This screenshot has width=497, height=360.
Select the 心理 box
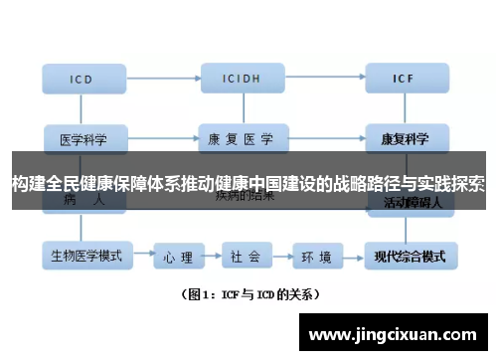click(179, 257)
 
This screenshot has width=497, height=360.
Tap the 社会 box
click(246, 257)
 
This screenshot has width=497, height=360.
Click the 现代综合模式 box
click(409, 256)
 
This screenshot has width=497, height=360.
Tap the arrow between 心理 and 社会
click(212, 257)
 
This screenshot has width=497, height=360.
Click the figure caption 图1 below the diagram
click(249, 294)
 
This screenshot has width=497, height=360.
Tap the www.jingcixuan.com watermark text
click(398, 335)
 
